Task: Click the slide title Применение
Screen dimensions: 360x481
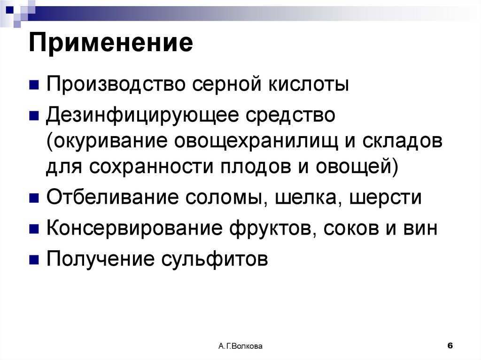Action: [x=111, y=44]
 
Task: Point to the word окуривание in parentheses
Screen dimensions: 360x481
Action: [x=109, y=141]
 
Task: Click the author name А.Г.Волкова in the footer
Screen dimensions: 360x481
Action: [x=240, y=346]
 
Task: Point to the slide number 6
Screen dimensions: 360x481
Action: [x=450, y=345]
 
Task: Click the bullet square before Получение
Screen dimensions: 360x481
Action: [x=33, y=260]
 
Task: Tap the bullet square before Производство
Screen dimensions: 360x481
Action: [x=33, y=85]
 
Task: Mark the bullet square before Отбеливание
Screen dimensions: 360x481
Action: [x=33, y=198]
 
